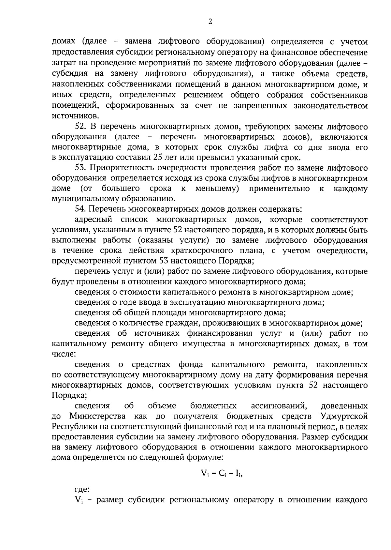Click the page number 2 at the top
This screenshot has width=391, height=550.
[x=210, y=22]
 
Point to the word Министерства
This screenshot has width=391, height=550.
[x=98, y=416]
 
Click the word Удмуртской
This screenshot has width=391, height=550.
[x=344, y=416]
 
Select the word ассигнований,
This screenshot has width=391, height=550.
[x=279, y=406]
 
